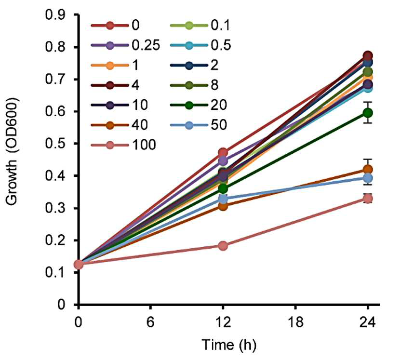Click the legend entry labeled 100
pyautogui.click(x=123, y=145)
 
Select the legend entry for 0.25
pyautogui.click(x=125, y=45)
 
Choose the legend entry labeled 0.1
pyautogui.click(x=200, y=26)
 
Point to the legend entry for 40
pyautogui.click(x=120, y=125)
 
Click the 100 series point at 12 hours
pyautogui.click(x=223, y=246)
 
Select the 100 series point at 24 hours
pyautogui.click(x=368, y=199)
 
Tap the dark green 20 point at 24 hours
pyautogui.click(x=368, y=112)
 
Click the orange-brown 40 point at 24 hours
pyautogui.click(x=368, y=170)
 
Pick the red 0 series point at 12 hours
pyautogui.click(x=223, y=152)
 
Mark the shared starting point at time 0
pyautogui.click(x=79, y=264)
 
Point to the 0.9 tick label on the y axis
pyautogui.click(x=55, y=15)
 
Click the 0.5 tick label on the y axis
pyautogui.click(x=55, y=144)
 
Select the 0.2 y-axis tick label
pyautogui.click(x=55, y=240)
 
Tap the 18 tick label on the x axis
pyautogui.click(x=295, y=322)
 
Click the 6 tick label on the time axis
pyautogui.click(x=150, y=322)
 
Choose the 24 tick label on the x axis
pyautogui.click(x=368, y=322)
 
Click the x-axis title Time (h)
pyautogui.click(x=229, y=345)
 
